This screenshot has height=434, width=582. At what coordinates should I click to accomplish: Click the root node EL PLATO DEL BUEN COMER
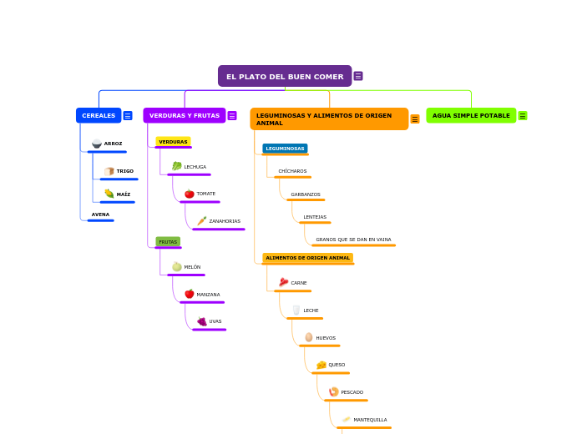[x=285, y=77]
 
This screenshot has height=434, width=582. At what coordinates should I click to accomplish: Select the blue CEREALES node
[x=99, y=116]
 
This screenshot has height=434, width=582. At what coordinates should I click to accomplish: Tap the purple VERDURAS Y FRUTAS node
[x=185, y=116]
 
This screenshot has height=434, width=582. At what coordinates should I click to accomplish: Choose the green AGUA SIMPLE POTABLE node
[x=471, y=116]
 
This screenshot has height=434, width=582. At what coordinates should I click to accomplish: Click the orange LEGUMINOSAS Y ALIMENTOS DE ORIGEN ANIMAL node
[x=329, y=119]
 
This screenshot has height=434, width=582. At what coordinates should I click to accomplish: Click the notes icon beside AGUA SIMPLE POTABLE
[x=523, y=116]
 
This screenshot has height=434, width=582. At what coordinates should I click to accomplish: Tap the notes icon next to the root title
[x=358, y=76]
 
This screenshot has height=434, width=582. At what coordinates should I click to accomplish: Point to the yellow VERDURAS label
[x=173, y=142]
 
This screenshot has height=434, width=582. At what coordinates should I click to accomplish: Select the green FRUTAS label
[x=168, y=242]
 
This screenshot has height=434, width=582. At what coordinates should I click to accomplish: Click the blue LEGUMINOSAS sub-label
[x=285, y=149]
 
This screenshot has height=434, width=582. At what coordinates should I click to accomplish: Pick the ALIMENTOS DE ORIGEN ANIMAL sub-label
[x=307, y=258]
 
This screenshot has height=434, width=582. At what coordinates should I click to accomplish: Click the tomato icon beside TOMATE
[x=190, y=194]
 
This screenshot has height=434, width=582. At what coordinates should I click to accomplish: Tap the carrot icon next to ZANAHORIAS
[x=202, y=221]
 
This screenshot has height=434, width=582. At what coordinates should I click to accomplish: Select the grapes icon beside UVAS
[x=202, y=321]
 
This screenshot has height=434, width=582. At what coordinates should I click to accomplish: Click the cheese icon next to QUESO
[x=321, y=365]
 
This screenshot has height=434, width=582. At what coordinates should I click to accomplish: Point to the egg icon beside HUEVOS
[x=309, y=338]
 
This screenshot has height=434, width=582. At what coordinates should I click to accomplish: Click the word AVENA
[x=100, y=214]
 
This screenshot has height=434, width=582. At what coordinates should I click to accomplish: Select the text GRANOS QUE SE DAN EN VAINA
[x=353, y=240]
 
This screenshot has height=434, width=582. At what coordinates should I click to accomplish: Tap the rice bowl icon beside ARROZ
[x=97, y=144]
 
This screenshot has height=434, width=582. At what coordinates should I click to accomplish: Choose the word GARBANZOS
[x=306, y=194]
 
